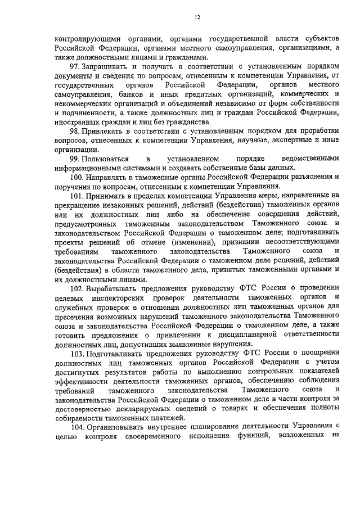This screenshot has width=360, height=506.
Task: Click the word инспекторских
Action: coord(125,297)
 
